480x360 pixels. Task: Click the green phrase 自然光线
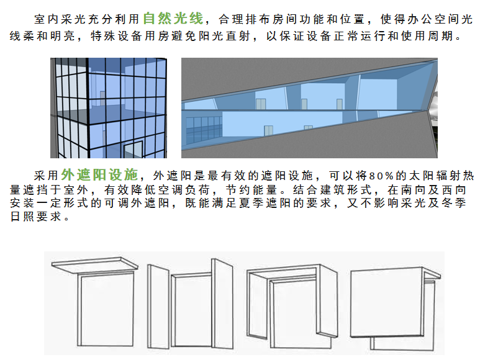pos(173,19)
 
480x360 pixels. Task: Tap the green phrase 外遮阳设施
pos(99,174)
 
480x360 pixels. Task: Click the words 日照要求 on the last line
pos(36,217)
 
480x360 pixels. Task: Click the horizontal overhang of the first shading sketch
pos(95,264)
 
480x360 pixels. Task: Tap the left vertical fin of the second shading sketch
pos(158,307)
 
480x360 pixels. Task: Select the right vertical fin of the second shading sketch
pos(222,304)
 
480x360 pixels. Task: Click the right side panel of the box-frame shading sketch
pos(328,300)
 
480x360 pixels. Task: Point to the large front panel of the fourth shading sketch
pos(386,302)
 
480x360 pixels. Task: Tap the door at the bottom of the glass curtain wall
pos(133,150)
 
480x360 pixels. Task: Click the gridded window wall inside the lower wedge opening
pos(204,130)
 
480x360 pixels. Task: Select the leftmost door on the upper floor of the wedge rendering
pos(261,104)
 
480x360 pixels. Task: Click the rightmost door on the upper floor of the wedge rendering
pos(340,104)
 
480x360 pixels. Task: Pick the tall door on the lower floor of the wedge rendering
pos(268,130)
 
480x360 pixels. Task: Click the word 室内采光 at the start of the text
pos(60,19)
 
